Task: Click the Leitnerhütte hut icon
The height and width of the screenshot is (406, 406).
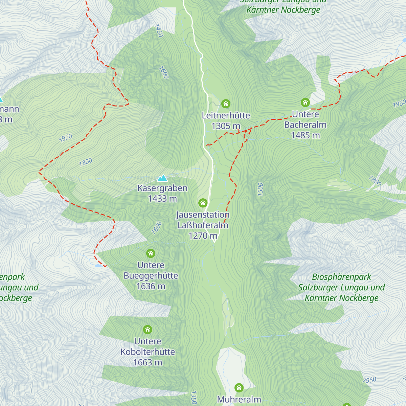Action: point(226,104)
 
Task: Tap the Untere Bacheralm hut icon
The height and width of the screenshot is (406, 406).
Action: point(305,102)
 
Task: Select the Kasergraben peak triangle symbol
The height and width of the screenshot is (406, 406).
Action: point(162,178)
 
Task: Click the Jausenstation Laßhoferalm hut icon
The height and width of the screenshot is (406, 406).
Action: point(203,203)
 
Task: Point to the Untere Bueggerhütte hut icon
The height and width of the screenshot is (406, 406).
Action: point(151,253)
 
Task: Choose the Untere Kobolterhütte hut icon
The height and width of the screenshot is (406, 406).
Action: point(147,329)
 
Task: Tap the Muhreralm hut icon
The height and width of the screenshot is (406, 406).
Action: point(239,387)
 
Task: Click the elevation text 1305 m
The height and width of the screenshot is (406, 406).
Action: point(226,126)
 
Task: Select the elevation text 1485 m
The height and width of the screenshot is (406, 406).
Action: point(305,135)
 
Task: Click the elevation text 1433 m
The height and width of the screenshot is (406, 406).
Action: point(162,199)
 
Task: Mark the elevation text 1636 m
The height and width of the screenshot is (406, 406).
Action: point(151,286)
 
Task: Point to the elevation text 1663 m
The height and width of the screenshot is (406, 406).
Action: point(148,362)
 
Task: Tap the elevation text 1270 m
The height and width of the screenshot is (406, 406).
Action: point(203,235)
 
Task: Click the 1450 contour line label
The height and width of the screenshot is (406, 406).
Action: point(159,30)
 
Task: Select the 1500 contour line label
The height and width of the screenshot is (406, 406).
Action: point(260,189)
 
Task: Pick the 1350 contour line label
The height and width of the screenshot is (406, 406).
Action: point(194,397)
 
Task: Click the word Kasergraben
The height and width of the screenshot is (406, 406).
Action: point(162,188)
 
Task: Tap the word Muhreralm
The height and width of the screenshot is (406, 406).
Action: point(239,400)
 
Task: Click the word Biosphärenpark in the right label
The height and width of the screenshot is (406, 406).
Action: point(341,277)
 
